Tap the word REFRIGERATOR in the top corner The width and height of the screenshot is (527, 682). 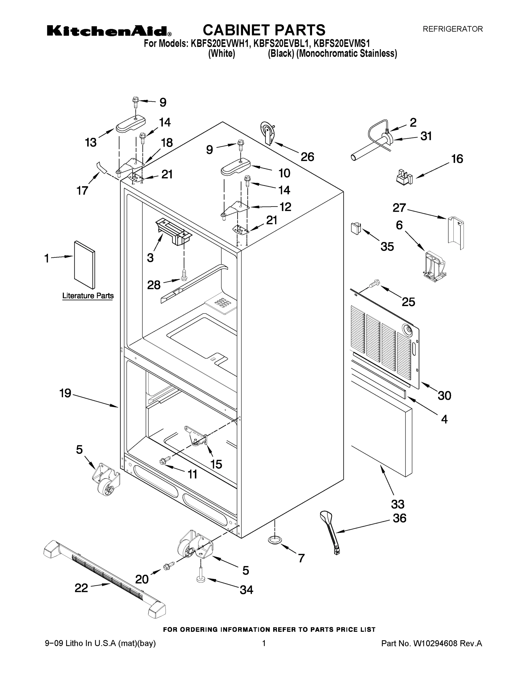[452, 29]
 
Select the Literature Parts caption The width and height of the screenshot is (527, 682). [88, 296]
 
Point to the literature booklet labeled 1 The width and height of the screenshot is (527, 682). [85, 265]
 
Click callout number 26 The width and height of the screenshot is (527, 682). [307, 157]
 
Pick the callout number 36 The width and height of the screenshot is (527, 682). [399, 518]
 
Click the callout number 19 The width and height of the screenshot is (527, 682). [65, 393]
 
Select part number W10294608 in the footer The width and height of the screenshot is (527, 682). [435, 643]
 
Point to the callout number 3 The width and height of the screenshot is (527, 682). [150, 258]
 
